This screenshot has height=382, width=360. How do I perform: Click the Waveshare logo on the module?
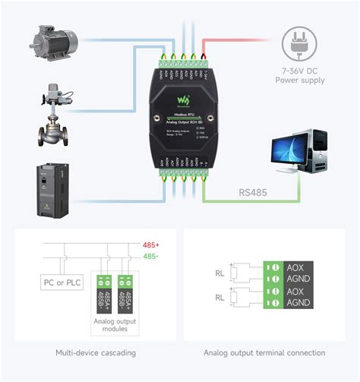[x=182, y=100]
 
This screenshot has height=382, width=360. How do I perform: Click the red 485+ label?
[x=151, y=245]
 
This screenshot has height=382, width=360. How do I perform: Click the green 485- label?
[x=151, y=256]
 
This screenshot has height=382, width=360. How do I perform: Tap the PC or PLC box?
[x=63, y=283]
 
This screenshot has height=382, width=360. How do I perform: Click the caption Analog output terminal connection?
[x=264, y=352]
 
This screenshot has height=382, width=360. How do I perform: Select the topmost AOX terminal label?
[x=296, y=267]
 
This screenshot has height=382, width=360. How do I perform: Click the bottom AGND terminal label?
[x=299, y=303]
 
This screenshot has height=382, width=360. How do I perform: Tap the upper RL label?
[x=219, y=273]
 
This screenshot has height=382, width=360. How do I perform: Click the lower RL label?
[x=219, y=298]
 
